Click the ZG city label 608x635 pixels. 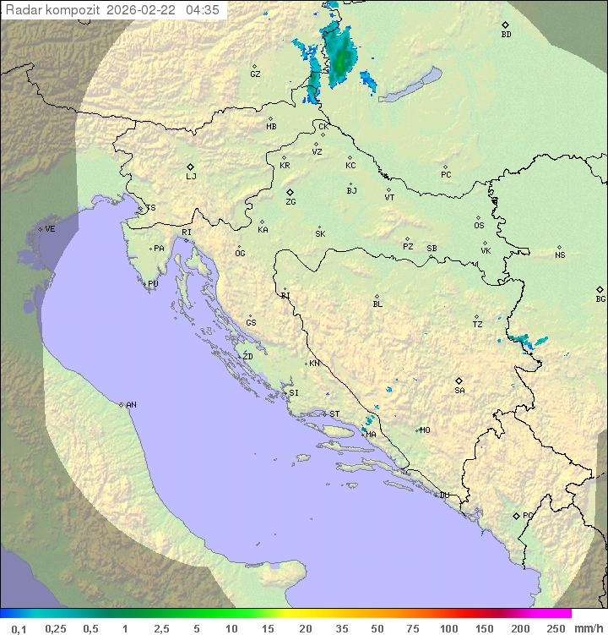coord(290,202)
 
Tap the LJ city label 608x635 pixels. coord(191,176)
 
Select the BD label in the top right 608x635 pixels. coord(506,35)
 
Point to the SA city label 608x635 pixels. coord(459,391)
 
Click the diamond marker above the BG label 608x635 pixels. coord(600,289)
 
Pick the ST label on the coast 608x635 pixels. coord(334,414)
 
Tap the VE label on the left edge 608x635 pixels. coord(50,229)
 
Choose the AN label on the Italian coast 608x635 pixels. coord(131,405)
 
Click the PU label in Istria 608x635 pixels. coord(153,284)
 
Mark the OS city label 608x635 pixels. coord(479,226)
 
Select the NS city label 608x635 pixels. coord(560,255)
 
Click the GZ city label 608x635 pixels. coord(255,74)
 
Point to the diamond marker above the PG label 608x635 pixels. coord(517,515)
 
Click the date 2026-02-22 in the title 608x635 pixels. coord(143,10)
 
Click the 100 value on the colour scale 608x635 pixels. coord(448,627)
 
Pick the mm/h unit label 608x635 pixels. coord(585,627)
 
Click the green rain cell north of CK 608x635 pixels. coord(339,56)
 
